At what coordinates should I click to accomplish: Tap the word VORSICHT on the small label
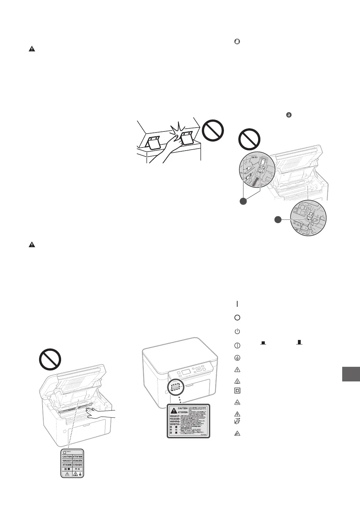[67, 461]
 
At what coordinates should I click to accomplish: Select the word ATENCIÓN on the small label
[78, 461]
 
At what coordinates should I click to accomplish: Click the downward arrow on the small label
[81, 474]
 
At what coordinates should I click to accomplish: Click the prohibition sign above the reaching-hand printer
[50, 360]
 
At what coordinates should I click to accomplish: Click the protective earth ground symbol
[237, 357]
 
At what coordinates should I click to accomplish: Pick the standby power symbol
[237, 331]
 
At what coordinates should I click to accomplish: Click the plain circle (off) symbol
[237, 318]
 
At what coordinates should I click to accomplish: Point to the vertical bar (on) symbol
[237, 304]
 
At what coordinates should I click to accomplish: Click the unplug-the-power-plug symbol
[237, 422]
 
